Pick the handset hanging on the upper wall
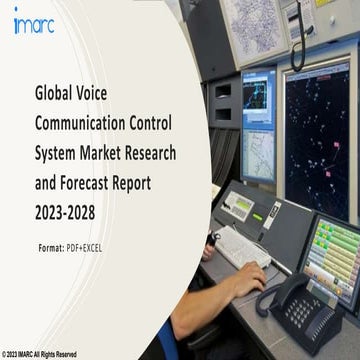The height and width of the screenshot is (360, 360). tap(298, 35)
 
